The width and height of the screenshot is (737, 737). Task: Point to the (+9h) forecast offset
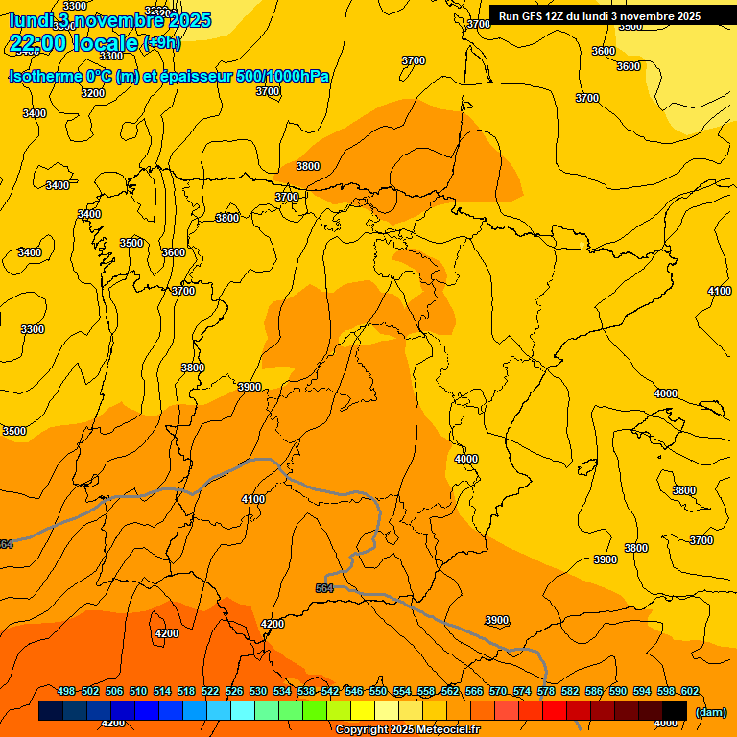coord(161,43)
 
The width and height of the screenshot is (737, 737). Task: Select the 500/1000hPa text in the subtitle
coord(283,76)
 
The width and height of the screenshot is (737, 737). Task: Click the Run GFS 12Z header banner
coord(600,16)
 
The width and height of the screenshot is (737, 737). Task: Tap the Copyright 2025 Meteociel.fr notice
coord(407,730)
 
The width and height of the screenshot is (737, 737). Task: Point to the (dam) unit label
coord(711,712)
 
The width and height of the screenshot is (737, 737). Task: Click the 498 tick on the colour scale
coord(66,692)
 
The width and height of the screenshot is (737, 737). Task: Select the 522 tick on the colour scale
coord(210,692)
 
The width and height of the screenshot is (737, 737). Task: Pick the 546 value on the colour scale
coord(354,692)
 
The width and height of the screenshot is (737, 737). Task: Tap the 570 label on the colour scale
coord(498,692)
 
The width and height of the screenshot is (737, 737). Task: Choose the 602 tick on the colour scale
coord(690,692)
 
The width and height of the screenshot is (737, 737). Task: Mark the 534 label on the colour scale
coord(282,692)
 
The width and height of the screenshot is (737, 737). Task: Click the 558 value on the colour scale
coord(426,692)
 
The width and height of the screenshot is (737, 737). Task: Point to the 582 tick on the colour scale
coord(570,692)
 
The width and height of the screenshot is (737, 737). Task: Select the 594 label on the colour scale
coord(642,692)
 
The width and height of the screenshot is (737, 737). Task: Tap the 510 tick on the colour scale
coord(138,692)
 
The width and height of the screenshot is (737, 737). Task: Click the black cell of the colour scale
coord(675,711)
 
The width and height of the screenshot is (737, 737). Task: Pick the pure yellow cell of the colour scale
coord(363,711)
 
